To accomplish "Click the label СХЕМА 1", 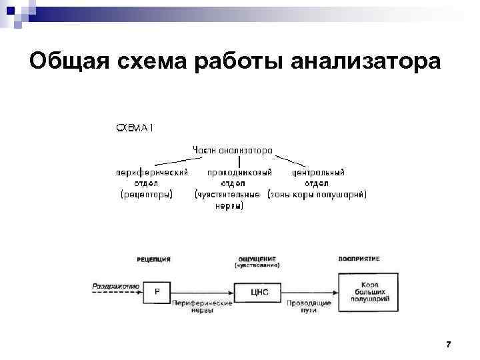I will [x=135, y=128].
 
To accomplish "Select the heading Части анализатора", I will [x=232, y=150].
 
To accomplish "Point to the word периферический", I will [x=152, y=172].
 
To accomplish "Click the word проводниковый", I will [x=239, y=172].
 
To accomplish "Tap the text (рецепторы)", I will [x=147, y=195].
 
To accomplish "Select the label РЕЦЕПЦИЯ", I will [x=154, y=259].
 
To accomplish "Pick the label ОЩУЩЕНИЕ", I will [x=257, y=259].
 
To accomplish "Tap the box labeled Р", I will [x=157, y=291].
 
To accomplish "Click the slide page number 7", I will [x=448, y=344].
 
